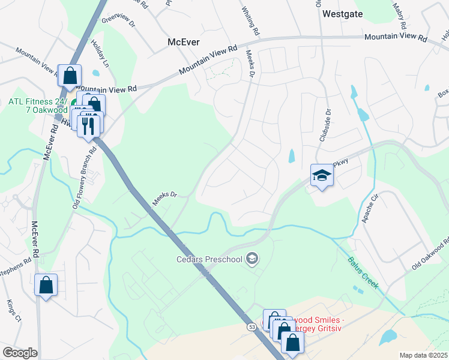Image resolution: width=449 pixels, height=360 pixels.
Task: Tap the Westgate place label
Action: coord(343,13)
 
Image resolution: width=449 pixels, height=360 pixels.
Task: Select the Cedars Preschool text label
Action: coord(208,259)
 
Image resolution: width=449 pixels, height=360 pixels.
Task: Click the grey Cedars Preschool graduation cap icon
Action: coord(253,259)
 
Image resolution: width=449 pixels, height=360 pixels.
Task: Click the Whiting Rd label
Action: coord(250,21)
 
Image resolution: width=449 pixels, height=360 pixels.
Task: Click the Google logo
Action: coord(20,353)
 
